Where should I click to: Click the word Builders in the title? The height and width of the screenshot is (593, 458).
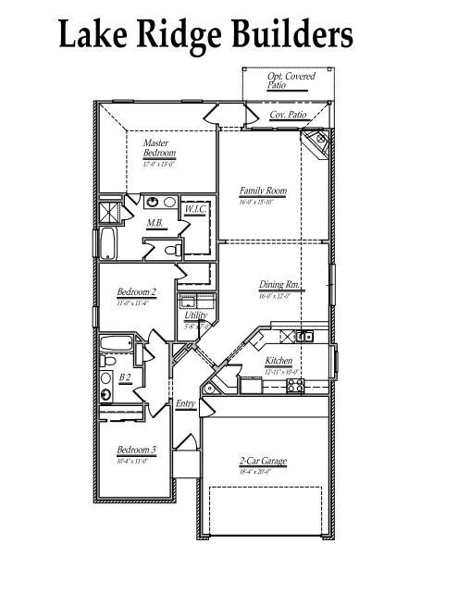pyautogui.click(x=286, y=34)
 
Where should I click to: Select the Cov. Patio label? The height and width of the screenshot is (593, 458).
pyautogui.click(x=288, y=115)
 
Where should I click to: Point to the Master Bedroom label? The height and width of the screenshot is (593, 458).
pyautogui.click(x=159, y=148)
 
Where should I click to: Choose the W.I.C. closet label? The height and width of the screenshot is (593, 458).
pyautogui.click(x=194, y=210)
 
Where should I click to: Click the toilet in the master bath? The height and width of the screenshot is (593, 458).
pyautogui.click(x=170, y=250)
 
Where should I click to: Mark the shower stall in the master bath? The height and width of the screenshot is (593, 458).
pyautogui.click(x=111, y=212)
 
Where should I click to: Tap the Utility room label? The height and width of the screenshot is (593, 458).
pyautogui.click(x=195, y=315)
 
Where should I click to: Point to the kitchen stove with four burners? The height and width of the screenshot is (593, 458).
pyautogui.click(x=296, y=387)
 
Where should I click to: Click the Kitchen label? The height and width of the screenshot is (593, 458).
pyautogui.click(x=279, y=361)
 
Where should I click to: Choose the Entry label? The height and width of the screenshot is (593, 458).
pyautogui.click(x=185, y=402)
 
